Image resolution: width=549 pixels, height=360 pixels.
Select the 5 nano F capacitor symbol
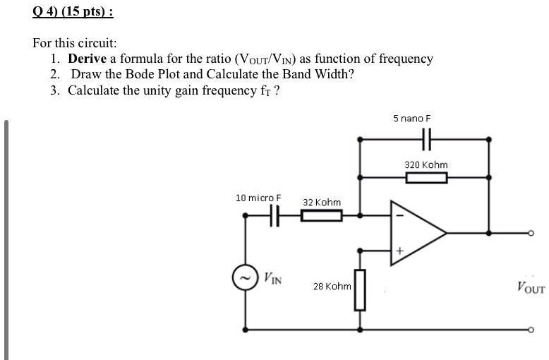coord(426,139)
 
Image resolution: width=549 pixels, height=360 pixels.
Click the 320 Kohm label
coord(426,164)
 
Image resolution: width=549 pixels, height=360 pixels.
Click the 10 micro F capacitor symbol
coord(274,216)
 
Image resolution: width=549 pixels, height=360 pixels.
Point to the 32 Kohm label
coord(322,203)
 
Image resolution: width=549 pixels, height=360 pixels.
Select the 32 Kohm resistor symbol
coord(322,216)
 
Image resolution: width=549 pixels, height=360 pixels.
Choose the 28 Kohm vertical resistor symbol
coord(360,289)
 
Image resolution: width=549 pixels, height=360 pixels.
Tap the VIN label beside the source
coord(273,278)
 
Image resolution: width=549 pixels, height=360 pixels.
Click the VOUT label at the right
coord(530,287)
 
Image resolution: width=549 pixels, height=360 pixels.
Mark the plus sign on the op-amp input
coord(399,250)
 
